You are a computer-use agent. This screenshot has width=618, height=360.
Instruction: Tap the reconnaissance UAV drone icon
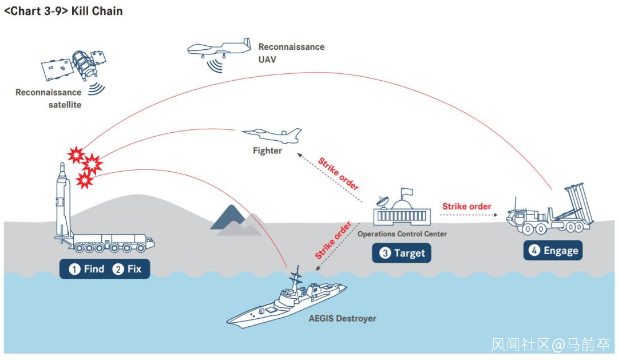tap(220, 49)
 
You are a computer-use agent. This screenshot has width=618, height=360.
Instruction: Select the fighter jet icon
tap(271, 136)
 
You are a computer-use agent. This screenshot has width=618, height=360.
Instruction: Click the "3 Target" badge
tap(401, 253)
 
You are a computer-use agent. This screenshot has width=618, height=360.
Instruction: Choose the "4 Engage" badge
tap(553, 251)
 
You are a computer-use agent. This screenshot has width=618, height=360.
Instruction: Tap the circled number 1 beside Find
tap(74, 269)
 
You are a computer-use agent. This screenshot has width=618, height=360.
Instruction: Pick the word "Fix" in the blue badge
tap(134, 269)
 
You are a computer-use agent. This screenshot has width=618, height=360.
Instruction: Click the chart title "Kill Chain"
tap(97, 11)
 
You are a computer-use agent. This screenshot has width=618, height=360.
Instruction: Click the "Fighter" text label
tap(267, 151)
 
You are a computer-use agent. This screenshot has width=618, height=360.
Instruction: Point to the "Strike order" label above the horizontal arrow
tap(466, 207)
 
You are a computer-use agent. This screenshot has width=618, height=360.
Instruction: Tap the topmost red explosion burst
tap(75, 154)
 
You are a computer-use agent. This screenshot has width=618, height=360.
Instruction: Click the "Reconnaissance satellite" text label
tap(49, 98)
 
